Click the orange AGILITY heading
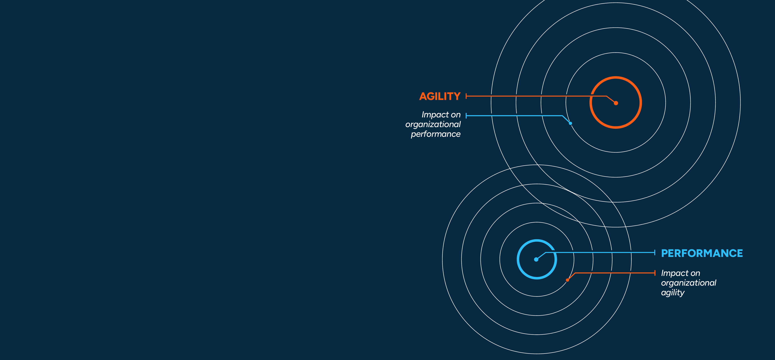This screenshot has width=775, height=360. click(440, 96)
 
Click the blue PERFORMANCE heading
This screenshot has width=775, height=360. click(702, 253)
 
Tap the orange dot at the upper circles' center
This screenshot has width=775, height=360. click(616, 103)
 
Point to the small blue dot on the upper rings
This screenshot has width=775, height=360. click(570, 123)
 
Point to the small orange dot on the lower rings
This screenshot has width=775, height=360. click(567, 280)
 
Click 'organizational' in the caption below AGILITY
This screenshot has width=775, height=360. click(433, 125)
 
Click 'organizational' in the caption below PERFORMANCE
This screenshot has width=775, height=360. click(689, 283)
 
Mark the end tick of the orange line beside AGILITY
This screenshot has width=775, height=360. click(466, 96)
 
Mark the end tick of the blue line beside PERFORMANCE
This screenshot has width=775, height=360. click(655, 253)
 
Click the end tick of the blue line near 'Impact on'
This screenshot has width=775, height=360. click(466, 116)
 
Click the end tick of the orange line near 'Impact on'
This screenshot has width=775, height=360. click(655, 273)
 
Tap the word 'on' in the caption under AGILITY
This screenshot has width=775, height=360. click(456, 115)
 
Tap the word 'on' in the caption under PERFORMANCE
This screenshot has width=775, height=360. click(695, 274)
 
